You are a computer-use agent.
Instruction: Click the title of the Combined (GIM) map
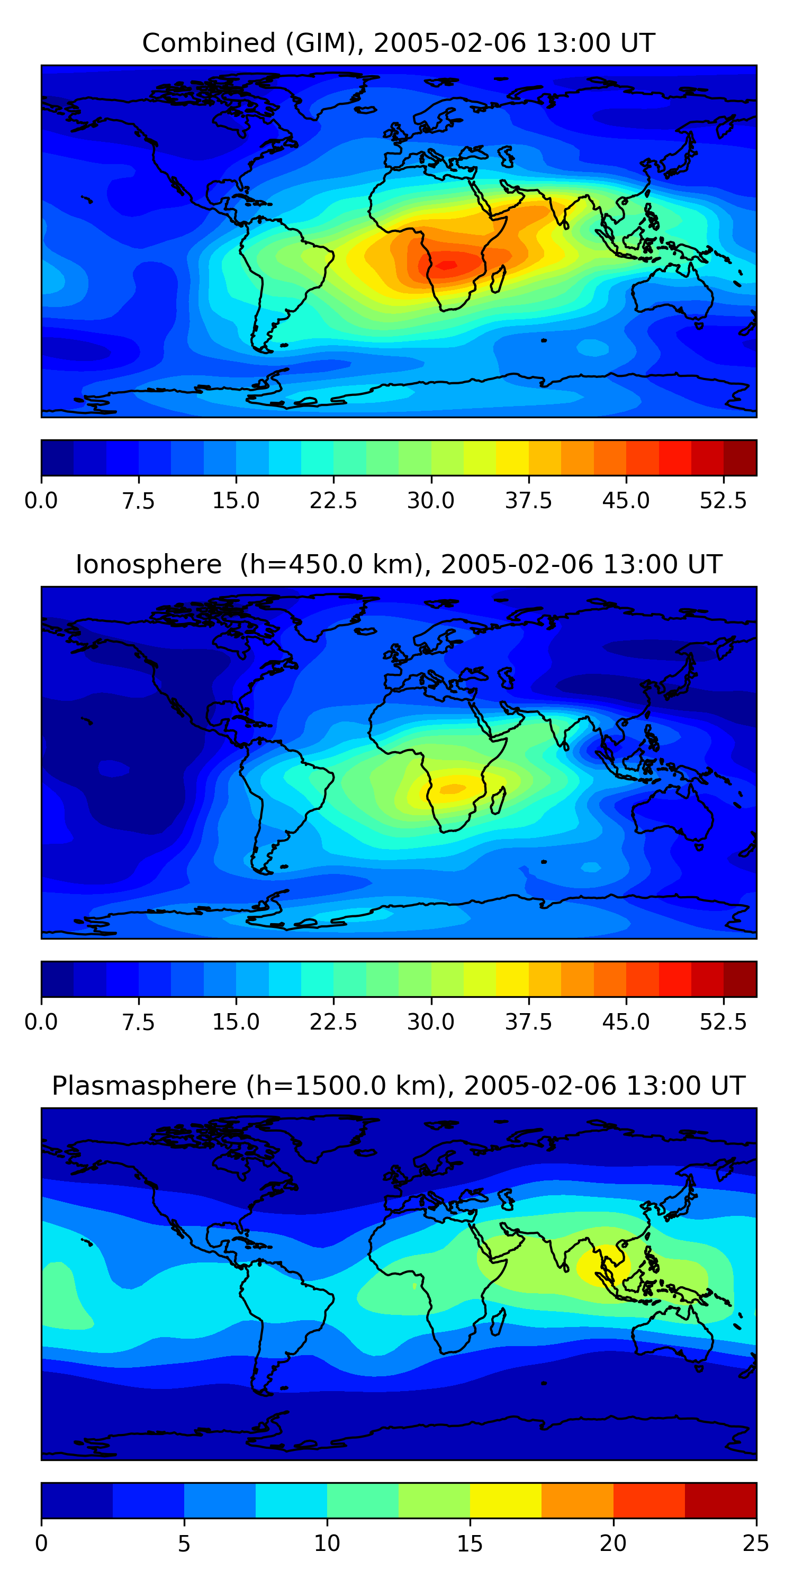tap(398, 43)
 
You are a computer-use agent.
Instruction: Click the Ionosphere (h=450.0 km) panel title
tap(398, 565)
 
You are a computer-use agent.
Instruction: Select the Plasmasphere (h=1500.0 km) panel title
tap(398, 1086)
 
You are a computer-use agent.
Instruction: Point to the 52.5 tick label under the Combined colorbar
tap(723, 501)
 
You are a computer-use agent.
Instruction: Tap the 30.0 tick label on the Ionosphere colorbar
tap(430, 1022)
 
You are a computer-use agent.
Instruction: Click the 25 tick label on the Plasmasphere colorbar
tap(755, 1543)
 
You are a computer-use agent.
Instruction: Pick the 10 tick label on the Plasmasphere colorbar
tap(327, 1543)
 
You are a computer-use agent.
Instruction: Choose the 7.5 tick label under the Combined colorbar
tap(138, 501)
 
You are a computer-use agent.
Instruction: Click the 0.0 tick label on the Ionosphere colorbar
tap(41, 1022)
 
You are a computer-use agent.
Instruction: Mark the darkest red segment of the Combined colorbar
tap(740, 458)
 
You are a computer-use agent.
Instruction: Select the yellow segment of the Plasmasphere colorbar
tap(506, 1500)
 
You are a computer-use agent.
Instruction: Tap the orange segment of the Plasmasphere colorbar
tap(577, 1500)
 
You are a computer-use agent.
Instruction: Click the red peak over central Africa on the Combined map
tap(446, 265)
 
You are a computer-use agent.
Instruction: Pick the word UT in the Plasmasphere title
tap(727, 1086)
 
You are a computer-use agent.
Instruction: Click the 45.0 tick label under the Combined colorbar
tap(626, 501)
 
